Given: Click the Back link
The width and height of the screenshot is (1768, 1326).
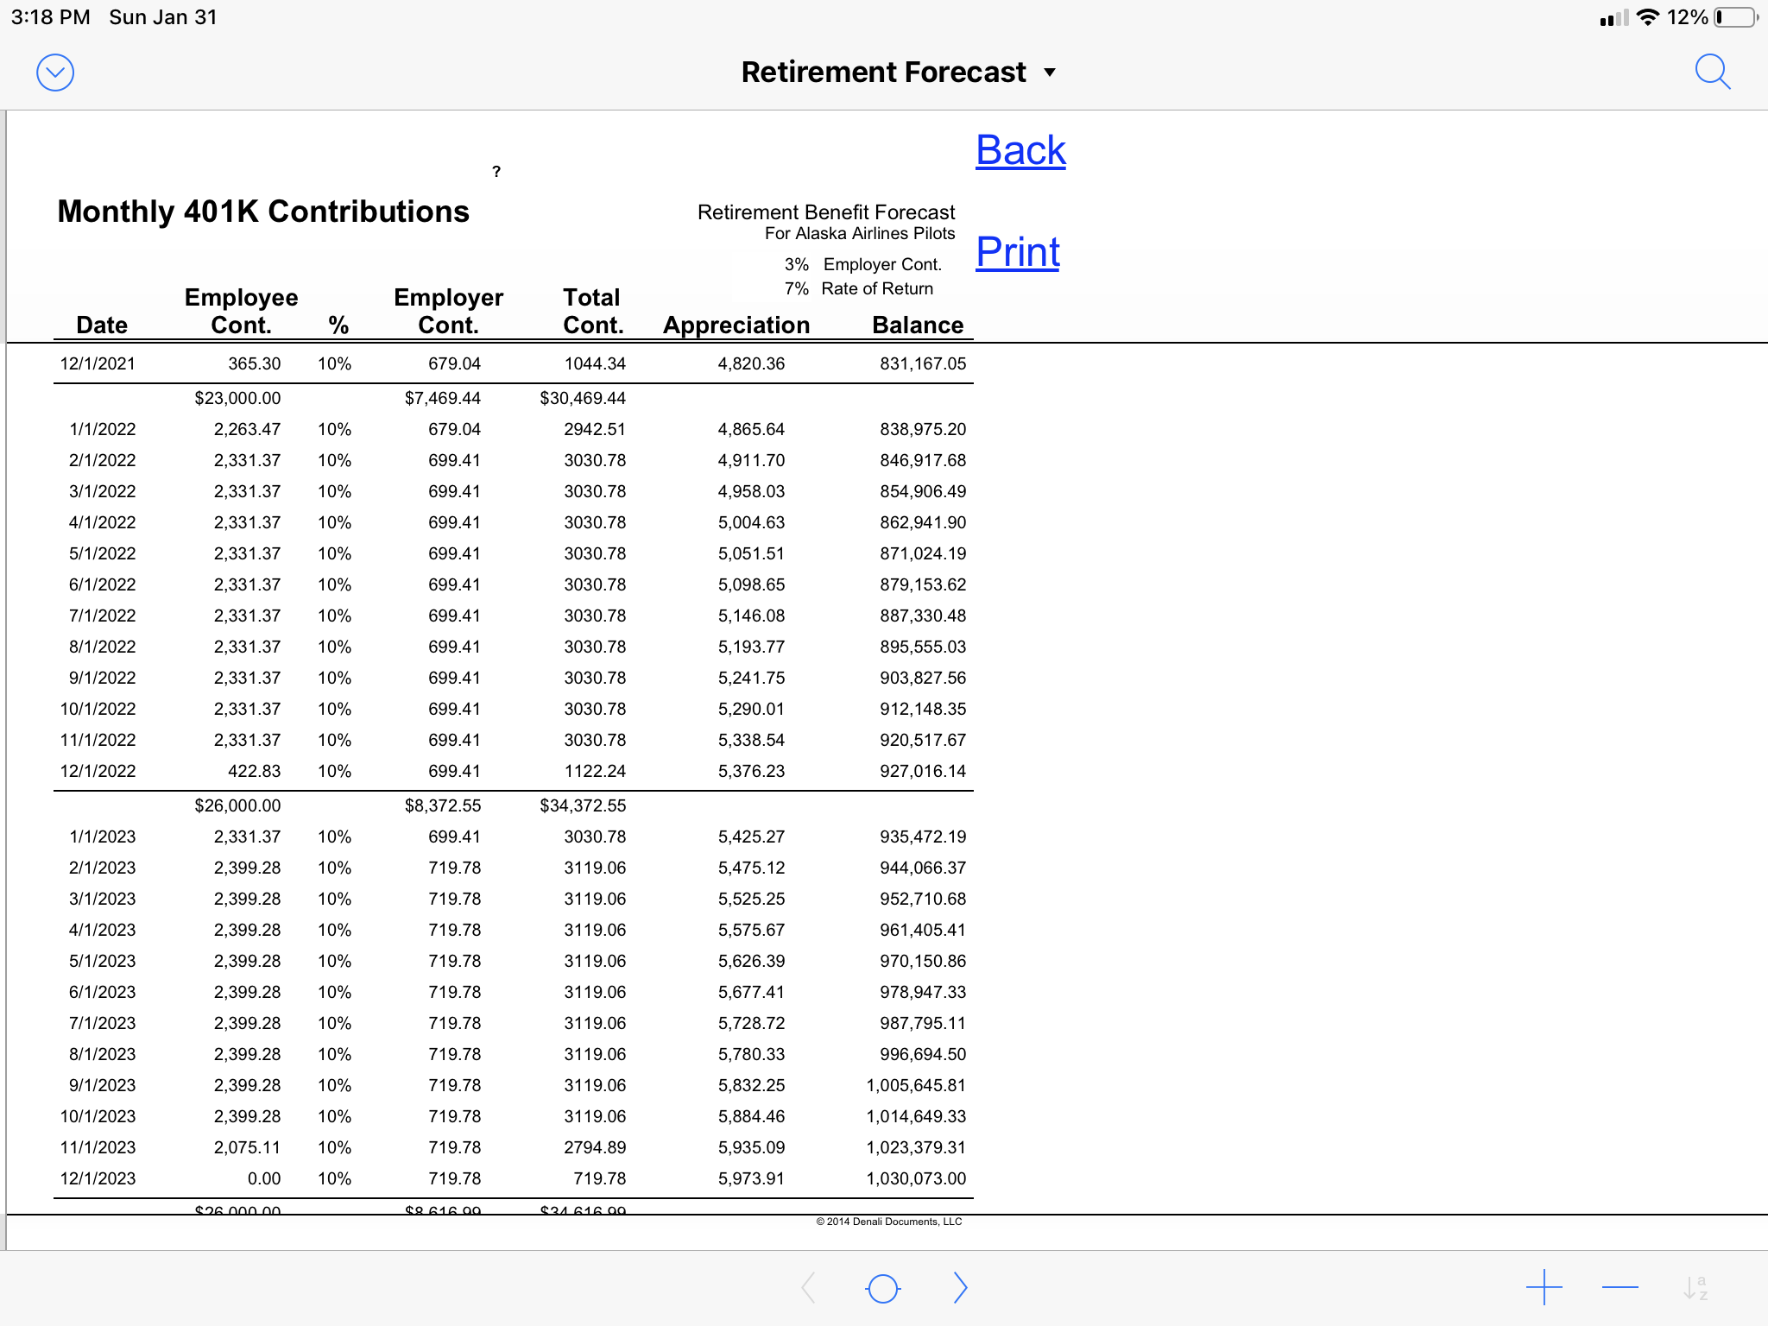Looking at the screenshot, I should pos(1020,150).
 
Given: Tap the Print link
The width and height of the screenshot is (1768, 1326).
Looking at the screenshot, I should pos(1018,252).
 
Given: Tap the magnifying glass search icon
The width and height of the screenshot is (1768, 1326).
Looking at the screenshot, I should pos(1712,72).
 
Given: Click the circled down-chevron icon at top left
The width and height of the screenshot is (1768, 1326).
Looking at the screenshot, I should pos(55,73).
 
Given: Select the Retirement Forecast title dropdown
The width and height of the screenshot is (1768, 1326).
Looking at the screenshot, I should pos(898,72).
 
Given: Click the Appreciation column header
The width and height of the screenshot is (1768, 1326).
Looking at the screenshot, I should pos(736,325).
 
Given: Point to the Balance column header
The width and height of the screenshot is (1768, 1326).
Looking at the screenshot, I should pos(918,325).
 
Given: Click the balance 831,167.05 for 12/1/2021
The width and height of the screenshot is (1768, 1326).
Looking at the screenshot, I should pos(922,363).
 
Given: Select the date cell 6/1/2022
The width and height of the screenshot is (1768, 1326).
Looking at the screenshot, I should pos(102,584).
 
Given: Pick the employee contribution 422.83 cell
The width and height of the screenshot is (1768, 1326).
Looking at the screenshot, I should pos(254,771).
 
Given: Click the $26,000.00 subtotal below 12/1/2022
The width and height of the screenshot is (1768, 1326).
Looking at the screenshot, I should pos(237,805).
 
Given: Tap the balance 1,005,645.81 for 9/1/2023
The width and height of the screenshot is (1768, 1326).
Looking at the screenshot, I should pos(916,1085).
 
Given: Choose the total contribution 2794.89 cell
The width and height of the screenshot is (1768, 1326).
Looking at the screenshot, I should pos(595,1147).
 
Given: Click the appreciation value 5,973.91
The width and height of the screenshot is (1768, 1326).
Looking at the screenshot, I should pos(751,1178).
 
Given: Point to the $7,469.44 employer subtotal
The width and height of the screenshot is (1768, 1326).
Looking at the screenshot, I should pos(442,398).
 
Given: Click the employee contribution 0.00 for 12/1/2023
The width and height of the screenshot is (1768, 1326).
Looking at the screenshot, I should pos(263,1178).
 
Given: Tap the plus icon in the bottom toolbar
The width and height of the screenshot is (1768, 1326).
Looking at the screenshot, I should pos(1544,1288).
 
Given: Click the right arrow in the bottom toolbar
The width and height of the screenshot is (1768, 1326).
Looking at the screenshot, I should pos(960,1288).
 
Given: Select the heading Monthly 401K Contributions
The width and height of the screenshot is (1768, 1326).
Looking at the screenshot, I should pos(263,212).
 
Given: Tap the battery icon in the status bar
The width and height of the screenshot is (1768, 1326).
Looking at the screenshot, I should pos(1735,17).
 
